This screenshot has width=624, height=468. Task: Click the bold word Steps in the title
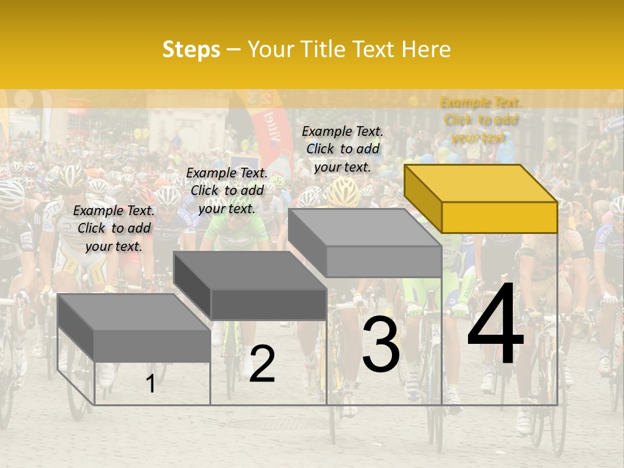(x=191, y=49)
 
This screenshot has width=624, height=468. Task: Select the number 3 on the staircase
(x=381, y=346)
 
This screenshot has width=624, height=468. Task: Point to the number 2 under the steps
(x=262, y=364)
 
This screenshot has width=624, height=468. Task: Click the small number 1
(x=150, y=383)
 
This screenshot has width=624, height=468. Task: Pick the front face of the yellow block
(x=499, y=217)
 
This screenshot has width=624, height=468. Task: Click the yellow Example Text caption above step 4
(x=480, y=120)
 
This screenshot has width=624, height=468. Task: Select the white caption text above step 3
(x=343, y=149)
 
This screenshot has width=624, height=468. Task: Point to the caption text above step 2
(x=227, y=190)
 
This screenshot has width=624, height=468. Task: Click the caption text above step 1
(x=114, y=228)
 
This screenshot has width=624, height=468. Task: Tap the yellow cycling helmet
(x=344, y=192)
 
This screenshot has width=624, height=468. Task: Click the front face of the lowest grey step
(x=152, y=346)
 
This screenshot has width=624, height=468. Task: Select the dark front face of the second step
(x=268, y=304)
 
